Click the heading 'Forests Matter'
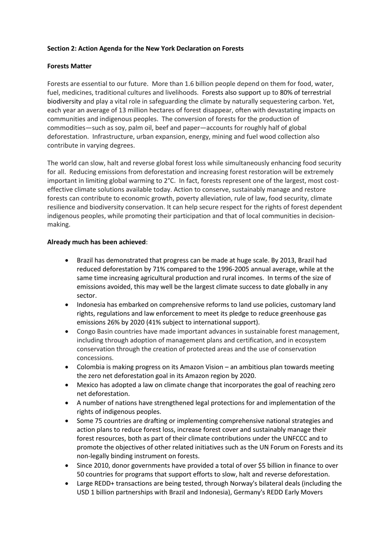(x=69, y=66)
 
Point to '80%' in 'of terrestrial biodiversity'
(x=287, y=93)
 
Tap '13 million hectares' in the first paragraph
(x=146, y=110)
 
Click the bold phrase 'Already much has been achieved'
(x=96, y=242)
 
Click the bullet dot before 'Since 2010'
(x=67, y=466)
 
